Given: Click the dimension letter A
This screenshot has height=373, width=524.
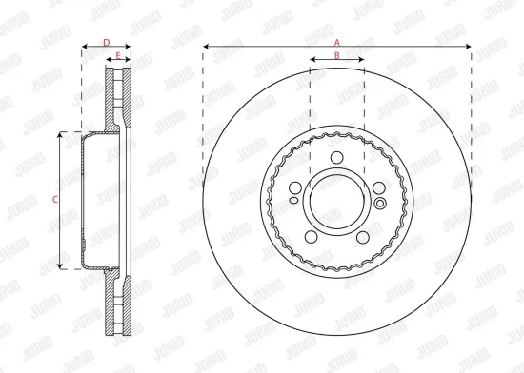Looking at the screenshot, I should pos(336,42).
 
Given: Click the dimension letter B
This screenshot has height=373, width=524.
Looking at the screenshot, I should pos(337,56).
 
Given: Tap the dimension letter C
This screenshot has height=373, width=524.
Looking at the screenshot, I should pos(55,200).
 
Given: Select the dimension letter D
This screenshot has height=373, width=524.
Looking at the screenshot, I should pos(106,42).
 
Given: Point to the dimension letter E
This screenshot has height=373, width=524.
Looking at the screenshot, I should pos(118,56).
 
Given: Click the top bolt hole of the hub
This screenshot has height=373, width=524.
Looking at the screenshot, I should pos(337,159).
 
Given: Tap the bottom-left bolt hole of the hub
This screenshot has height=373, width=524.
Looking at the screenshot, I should pos(312,237).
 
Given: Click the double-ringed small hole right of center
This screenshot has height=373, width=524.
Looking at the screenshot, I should pos(379,203).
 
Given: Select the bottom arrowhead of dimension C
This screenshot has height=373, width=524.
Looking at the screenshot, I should pos(62,265).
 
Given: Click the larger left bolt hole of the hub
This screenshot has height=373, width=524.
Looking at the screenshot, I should pos(295,187).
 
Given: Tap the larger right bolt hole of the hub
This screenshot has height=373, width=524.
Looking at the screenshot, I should pos(379,187).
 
